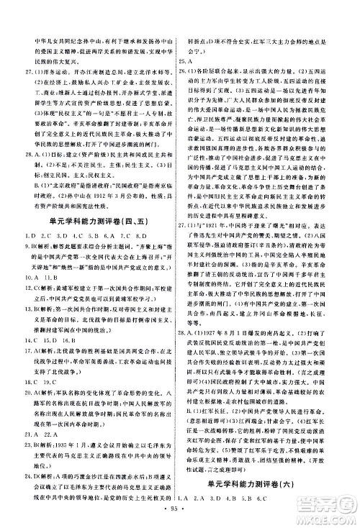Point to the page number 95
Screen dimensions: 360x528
(x=180, y=511)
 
